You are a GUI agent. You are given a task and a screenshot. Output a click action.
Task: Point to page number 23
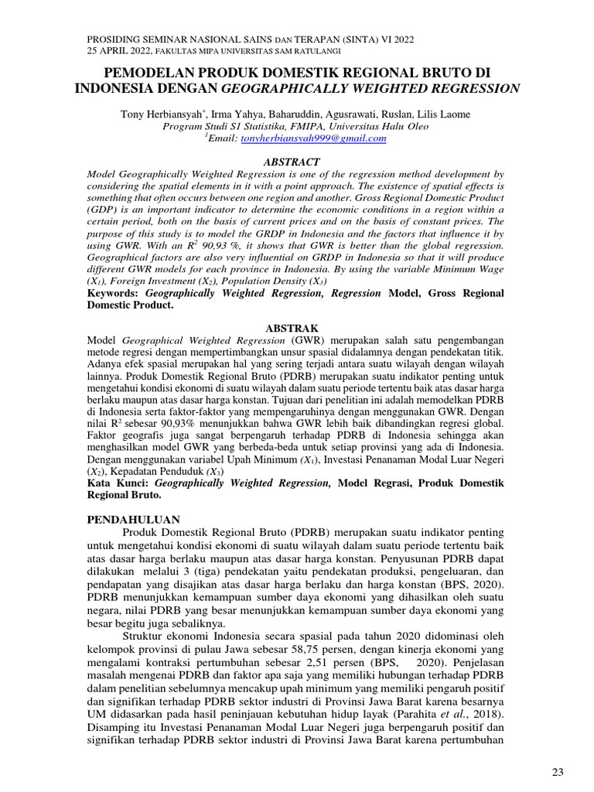(558, 773)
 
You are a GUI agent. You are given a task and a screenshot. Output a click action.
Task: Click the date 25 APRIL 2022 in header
(119, 48)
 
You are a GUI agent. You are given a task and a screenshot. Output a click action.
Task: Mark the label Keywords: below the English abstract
(113, 293)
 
